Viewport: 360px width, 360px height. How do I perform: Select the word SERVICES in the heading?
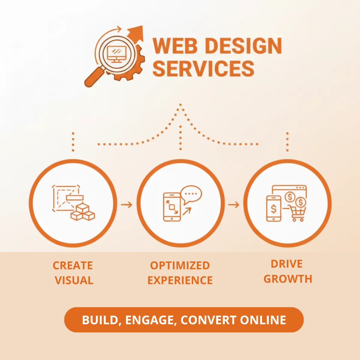click(203, 68)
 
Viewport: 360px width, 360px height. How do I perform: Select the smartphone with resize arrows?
click(172, 207)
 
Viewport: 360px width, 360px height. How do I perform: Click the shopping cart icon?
click(298, 214)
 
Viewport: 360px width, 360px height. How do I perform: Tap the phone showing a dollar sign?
click(274, 208)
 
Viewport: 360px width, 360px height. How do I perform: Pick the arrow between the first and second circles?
click(126, 205)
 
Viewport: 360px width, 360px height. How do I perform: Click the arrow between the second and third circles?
click(233, 205)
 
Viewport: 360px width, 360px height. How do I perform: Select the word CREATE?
click(73, 265)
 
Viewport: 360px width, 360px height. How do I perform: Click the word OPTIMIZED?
click(180, 265)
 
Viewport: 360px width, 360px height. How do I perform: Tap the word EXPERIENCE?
click(180, 280)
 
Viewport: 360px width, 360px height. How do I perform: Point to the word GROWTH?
click(288, 279)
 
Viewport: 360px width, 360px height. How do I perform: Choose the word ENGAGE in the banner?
click(149, 320)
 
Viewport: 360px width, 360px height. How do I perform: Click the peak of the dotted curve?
click(180, 105)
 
